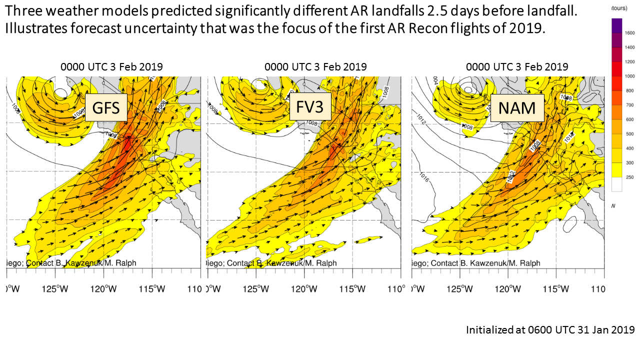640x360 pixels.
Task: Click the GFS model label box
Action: (105, 107)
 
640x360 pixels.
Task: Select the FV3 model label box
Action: (310, 106)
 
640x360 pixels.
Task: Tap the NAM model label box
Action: (517, 107)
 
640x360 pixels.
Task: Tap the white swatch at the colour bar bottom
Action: (616, 184)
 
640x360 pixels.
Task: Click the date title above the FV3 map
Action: (315, 66)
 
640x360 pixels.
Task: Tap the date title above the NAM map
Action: (517, 66)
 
